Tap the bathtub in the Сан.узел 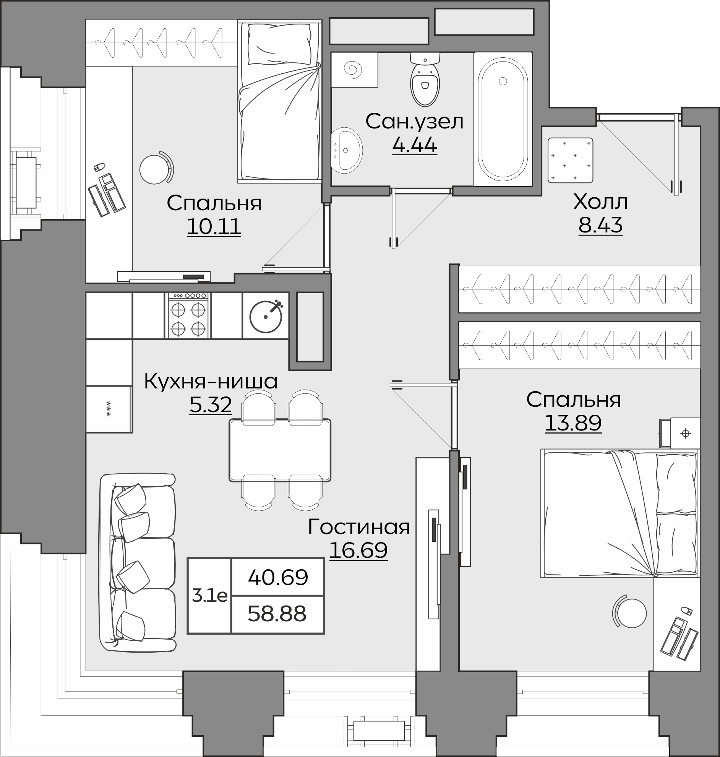pyautogui.click(x=503, y=119)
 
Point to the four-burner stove pyautogui.click(x=188, y=315)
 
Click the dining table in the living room pyautogui.click(x=280, y=450)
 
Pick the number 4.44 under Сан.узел pyautogui.click(x=415, y=145)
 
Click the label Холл pyautogui.click(x=600, y=201)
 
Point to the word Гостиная pyautogui.click(x=359, y=527)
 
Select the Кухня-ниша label pyautogui.click(x=211, y=382)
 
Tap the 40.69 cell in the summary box pyautogui.click(x=278, y=577)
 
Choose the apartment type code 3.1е pyautogui.click(x=209, y=596)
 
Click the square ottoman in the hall pyautogui.click(x=570, y=161)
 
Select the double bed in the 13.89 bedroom pyautogui.click(x=620, y=513)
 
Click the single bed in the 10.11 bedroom pyautogui.click(x=279, y=102)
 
